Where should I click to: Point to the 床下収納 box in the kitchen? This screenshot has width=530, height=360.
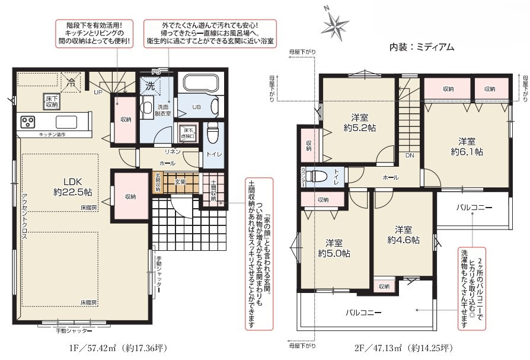[x=51, y=101]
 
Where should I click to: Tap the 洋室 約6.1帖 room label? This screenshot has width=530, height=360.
[x=466, y=146]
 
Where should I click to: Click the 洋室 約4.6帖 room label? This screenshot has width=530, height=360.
[x=403, y=235]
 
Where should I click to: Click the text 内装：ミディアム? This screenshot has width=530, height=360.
[x=422, y=47]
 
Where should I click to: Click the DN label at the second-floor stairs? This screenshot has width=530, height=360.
[x=409, y=155]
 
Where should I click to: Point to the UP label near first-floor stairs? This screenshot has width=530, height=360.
[x=97, y=92]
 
